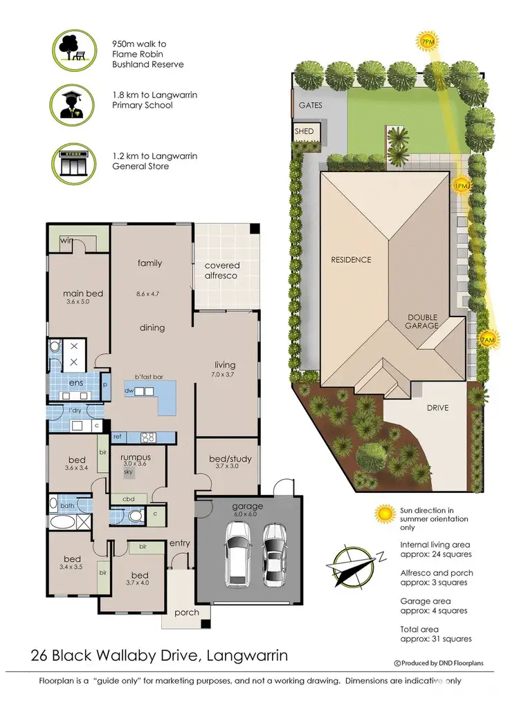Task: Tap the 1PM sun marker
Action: [461, 186]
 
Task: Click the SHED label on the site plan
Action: [304, 131]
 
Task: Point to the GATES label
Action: [310, 106]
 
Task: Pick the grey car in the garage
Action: [274, 552]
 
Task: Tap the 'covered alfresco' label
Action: [222, 270]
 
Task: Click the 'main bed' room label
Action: [83, 294]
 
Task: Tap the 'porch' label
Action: [187, 612]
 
